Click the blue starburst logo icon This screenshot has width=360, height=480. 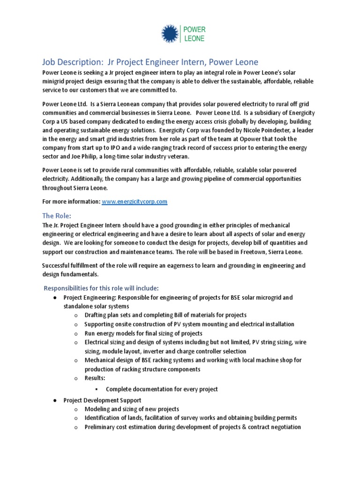(170, 34)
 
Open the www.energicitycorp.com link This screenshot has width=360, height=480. (135, 201)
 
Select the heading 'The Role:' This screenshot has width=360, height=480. (56, 216)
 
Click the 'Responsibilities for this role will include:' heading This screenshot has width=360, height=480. (101, 287)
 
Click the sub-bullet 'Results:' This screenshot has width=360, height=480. (95, 378)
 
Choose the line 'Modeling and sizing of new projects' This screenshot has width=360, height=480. (132, 409)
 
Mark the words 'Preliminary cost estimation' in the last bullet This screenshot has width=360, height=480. (120, 427)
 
